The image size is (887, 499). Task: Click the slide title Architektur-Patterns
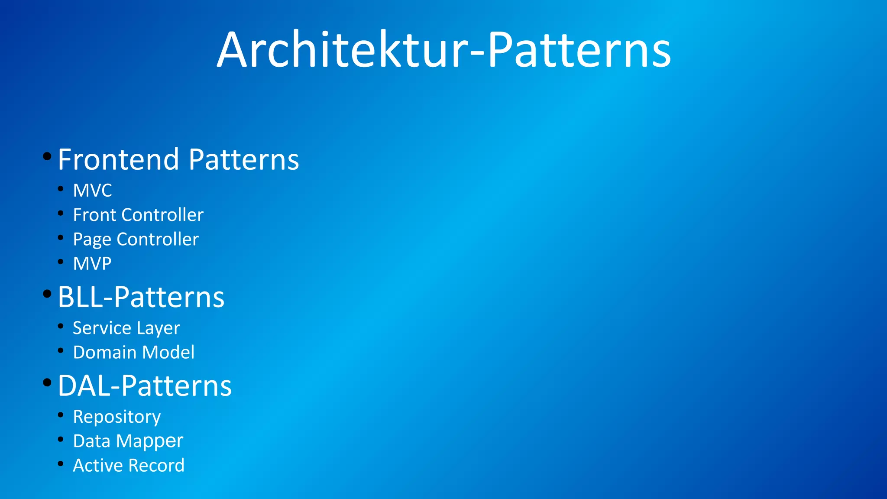[443, 50]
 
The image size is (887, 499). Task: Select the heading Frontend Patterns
[178, 159]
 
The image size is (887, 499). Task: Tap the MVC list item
[92, 191]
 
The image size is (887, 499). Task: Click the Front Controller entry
[138, 215]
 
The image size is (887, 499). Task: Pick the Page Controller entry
[136, 239]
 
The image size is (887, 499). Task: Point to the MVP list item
[92, 263]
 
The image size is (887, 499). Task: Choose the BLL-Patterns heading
[141, 297]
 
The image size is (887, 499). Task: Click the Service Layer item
[126, 328]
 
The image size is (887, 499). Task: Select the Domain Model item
[133, 352]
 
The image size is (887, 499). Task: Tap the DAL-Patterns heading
[145, 386]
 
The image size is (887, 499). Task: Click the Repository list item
[117, 417]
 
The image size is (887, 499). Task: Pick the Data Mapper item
[128, 441]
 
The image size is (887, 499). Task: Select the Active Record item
[129, 465]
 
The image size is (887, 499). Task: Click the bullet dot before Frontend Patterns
[47, 156]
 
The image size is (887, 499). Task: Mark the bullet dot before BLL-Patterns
[47, 294]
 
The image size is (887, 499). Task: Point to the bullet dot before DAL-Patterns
[47, 382]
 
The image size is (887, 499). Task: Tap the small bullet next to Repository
[61, 415]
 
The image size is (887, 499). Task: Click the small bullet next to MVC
[61, 188]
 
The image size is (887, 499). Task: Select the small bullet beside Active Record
[61, 463]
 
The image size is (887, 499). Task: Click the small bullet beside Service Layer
[61, 326]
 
